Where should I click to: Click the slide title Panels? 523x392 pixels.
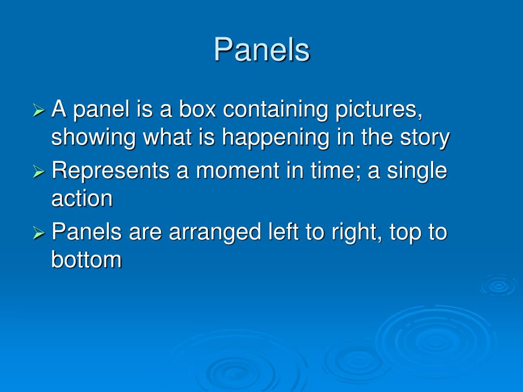261,50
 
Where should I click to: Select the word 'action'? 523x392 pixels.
82,199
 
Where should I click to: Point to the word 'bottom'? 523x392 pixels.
86,260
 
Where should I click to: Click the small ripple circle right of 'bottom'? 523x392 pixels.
498,285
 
